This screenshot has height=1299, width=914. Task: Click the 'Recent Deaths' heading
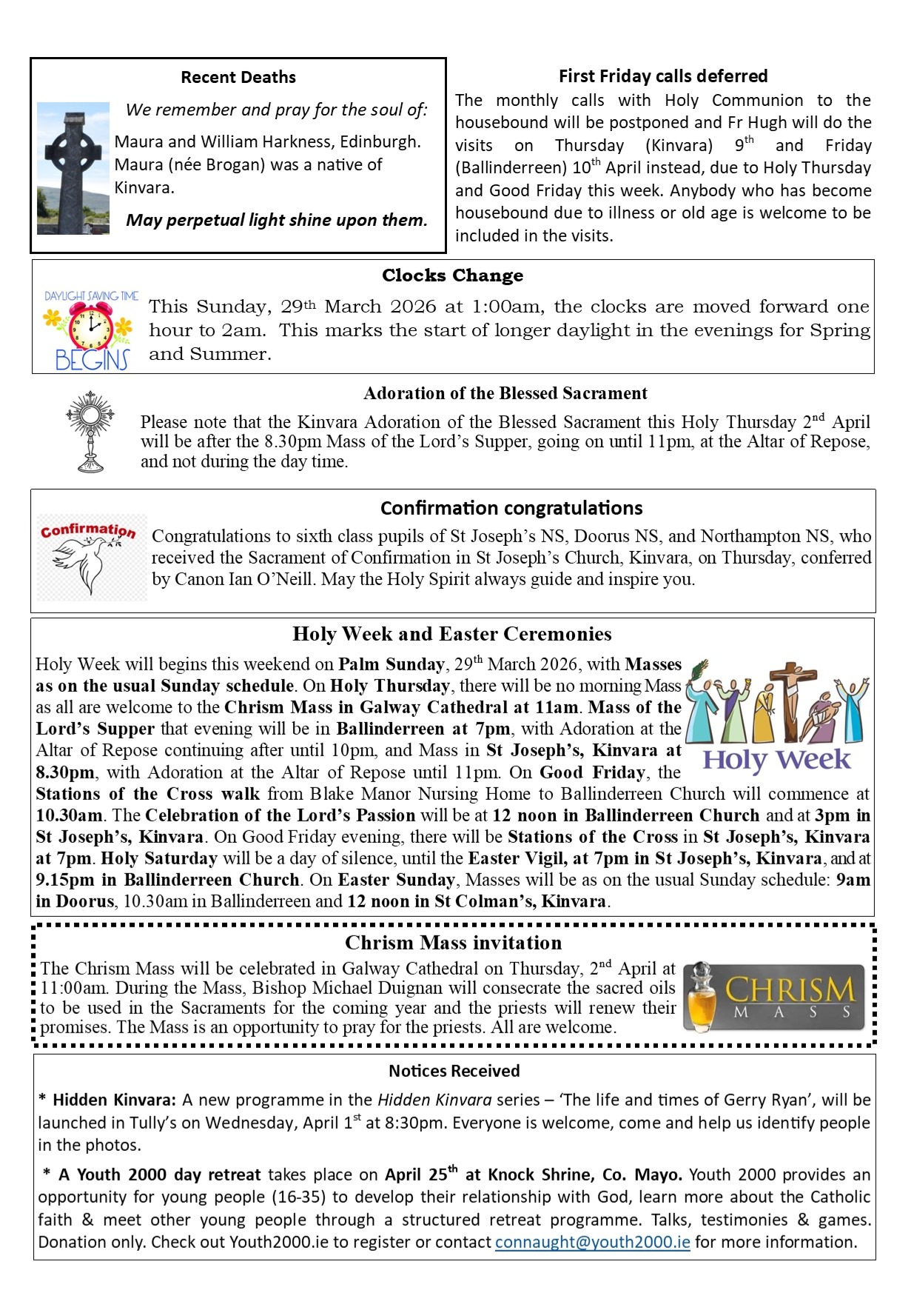tap(238, 77)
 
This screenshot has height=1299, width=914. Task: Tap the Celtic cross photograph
tap(73, 168)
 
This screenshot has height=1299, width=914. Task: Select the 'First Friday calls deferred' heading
tap(662, 76)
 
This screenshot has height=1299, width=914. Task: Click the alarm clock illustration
tap(90, 325)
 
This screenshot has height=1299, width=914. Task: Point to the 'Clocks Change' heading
tap(452, 276)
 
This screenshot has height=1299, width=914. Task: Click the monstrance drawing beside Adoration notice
tap(90, 432)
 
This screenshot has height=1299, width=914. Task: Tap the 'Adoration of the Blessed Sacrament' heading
tap(505, 393)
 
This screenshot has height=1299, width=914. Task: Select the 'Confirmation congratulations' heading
tap(511, 508)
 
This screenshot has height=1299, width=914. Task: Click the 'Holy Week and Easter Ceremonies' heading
tap(451, 634)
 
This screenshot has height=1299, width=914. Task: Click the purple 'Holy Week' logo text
tap(776, 760)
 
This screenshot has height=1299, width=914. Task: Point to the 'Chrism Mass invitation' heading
tap(453, 943)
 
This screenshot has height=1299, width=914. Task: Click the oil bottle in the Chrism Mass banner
tap(701, 998)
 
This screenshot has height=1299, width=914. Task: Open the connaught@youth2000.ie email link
tap(592, 1242)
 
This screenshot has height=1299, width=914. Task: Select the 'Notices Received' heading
tap(454, 1071)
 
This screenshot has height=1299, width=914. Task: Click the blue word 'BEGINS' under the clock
tap(92, 361)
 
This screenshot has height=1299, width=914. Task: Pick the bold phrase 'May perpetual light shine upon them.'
tap(277, 220)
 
